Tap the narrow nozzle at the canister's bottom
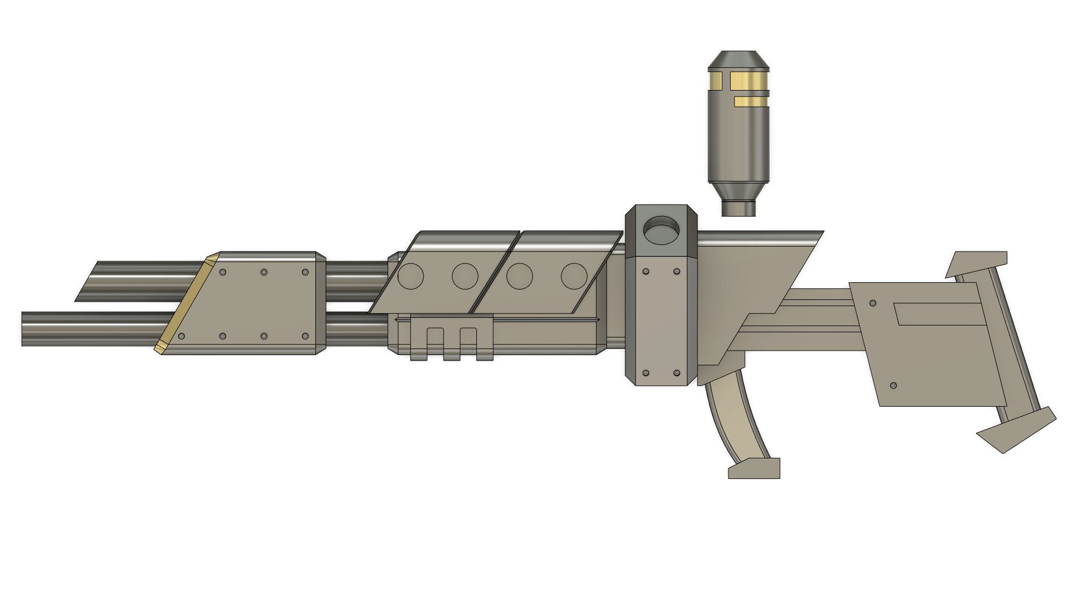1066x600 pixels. (x=738, y=208)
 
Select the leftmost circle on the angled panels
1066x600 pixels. (x=411, y=276)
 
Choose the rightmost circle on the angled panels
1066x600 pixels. (x=574, y=276)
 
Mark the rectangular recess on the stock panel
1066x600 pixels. (x=936, y=314)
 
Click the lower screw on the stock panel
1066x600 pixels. (x=893, y=385)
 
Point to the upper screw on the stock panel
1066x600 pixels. (x=873, y=304)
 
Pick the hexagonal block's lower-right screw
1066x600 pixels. (x=676, y=372)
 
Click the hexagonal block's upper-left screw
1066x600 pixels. (x=645, y=272)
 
